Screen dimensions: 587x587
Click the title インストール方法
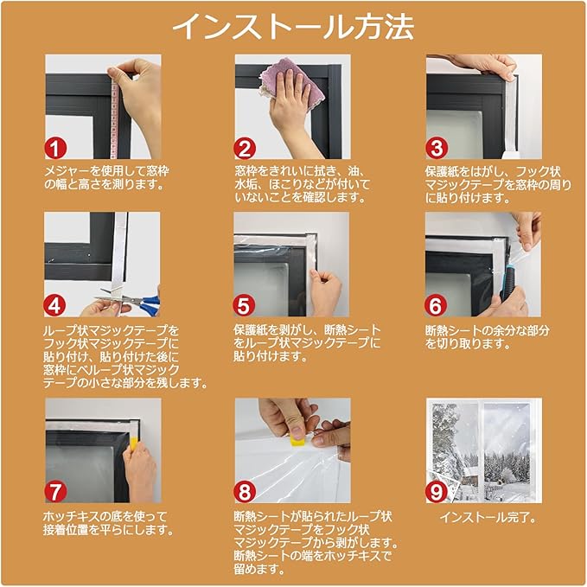coord(293,26)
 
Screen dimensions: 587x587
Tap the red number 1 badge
coord(56,148)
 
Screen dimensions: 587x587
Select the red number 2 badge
coord(245,148)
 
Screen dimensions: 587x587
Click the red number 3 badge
coord(436,148)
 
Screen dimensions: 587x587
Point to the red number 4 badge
coord(54,305)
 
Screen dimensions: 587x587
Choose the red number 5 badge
coord(244,305)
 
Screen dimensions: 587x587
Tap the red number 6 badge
coord(436,305)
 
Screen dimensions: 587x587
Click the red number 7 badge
coord(56,492)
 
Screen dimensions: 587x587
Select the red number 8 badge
coord(245,492)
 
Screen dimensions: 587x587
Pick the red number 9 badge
coord(436,492)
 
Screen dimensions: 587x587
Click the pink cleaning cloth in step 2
coord(291,83)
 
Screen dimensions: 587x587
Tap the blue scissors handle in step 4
coord(149,303)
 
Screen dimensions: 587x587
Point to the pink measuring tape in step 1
coord(115,113)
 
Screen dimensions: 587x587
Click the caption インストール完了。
coord(488,517)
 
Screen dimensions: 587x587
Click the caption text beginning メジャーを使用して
coord(107,178)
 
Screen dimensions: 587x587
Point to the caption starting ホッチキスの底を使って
coord(108,523)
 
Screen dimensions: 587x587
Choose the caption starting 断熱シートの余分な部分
coord(488,337)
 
